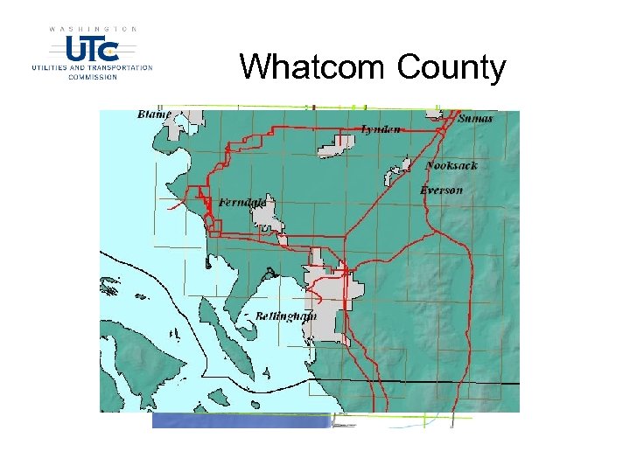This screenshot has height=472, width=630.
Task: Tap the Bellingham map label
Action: click(285, 316)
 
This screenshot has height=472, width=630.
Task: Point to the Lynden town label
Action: click(381, 129)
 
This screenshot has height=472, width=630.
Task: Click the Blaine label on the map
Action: click(154, 115)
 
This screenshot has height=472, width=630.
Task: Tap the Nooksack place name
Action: click(451, 165)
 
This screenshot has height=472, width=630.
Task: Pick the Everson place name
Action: click(441, 190)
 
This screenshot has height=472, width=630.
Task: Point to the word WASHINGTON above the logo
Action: click(92, 29)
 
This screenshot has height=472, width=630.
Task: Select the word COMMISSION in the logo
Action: click(92, 76)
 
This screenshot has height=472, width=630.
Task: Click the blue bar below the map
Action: click(241, 420)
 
